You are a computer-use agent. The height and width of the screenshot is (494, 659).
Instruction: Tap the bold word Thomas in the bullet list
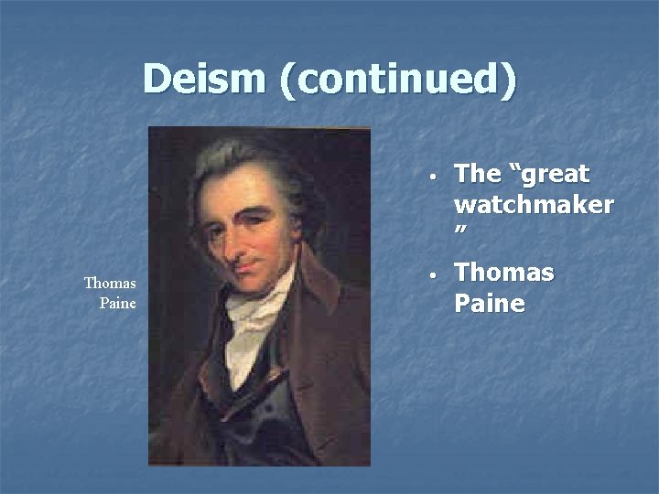(504, 274)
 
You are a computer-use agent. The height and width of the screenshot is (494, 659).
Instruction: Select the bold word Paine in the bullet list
(490, 303)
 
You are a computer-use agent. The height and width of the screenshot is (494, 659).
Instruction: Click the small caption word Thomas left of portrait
(110, 284)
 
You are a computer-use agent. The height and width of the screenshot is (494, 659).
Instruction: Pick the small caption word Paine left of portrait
(118, 303)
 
